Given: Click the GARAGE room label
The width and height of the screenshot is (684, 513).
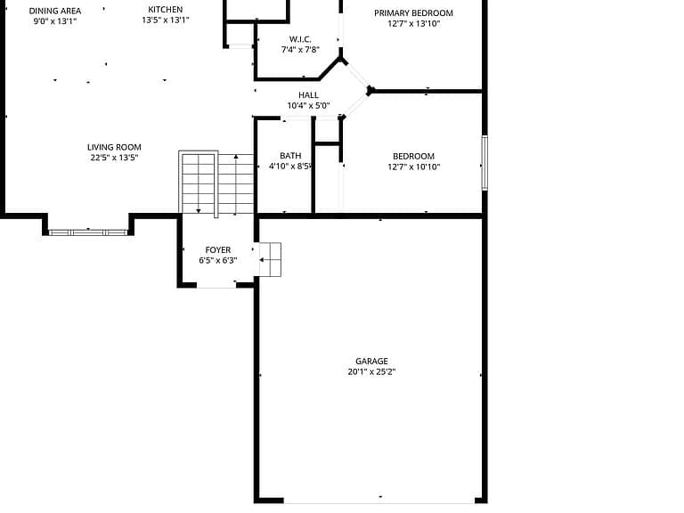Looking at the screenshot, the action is (x=371, y=362).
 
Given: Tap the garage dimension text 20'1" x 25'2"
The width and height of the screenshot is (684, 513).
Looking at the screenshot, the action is (x=371, y=372).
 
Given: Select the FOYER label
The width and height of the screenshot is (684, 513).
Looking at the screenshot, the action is (x=218, y=250).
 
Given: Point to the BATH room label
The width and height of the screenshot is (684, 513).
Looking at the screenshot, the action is (x=290, y=156).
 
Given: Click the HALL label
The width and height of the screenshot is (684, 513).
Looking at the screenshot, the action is (x=308, y=95).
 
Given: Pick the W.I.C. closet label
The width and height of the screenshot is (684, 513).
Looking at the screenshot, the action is (x=300, y=39).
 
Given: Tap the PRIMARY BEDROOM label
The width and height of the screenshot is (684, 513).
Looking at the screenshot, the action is (x=413, y=13).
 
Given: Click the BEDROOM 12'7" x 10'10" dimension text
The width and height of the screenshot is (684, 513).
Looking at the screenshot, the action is (x=414, y=167).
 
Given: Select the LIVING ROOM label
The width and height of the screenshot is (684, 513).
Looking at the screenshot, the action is (x=114, y=148).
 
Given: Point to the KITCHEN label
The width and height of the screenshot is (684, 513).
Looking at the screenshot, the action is (x=166, y=10).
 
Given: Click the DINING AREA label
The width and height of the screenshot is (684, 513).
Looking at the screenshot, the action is (x=55, y=11).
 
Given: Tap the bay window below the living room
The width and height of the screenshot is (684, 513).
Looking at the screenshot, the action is (x=88, y=232).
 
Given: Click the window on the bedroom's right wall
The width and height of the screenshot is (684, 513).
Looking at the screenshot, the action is (x=484, y=163).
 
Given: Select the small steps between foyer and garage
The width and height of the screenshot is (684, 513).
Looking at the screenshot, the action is (x=270, y=259).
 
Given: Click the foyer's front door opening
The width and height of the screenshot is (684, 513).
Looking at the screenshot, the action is (x=216, y=285).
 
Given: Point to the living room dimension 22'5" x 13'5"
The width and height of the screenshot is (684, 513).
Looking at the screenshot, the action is (x=114, y=158).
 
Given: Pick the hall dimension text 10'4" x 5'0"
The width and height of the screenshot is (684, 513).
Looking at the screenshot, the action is (x=308, y=106).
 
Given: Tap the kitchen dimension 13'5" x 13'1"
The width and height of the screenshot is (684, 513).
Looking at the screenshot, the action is (x=166, y=20).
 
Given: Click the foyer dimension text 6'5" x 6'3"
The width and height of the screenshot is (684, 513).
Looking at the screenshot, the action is (x=218, y=260).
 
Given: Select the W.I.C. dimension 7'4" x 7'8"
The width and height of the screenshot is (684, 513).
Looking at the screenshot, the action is (x=300, y=50).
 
